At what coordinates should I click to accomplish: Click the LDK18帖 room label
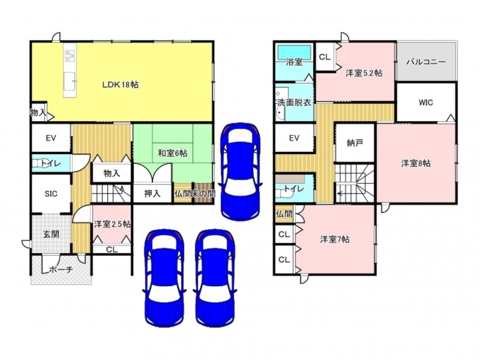click(121, 85)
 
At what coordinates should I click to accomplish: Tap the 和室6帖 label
click(173, 153)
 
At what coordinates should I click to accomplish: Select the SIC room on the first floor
click(51, 194)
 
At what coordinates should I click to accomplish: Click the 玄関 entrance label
click(51, 235)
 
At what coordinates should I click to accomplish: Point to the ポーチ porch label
click(61, 269)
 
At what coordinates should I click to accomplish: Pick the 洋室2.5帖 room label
click(112, 224)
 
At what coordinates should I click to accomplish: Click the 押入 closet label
click(152, 193)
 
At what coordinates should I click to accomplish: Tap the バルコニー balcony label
click(426, 62)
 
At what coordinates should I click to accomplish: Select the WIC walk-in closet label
click(426, 103)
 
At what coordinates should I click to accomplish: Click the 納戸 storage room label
click(355, 143)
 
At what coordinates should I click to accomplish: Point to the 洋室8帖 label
click(416, 163)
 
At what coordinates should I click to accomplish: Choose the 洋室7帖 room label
click(335, 239)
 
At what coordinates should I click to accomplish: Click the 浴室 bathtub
click(294, 52)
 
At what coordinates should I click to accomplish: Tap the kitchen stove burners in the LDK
click(70, 55)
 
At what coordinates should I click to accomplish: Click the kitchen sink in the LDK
click(70, 81)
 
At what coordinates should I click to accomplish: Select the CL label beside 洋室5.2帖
click(325, 57)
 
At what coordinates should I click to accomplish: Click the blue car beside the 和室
click(241, 172)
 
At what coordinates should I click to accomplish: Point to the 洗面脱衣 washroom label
click(294, 102)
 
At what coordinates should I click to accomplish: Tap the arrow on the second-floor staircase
click(340, 193)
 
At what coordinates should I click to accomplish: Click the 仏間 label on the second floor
click(284, 214)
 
